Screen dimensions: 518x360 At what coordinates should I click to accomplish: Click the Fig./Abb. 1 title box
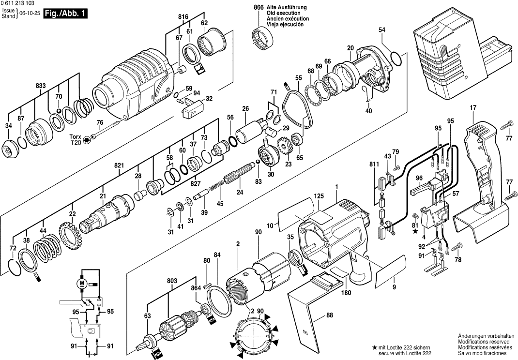(x=65, y=14)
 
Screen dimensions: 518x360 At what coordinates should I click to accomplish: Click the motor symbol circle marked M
(x=82, y=283)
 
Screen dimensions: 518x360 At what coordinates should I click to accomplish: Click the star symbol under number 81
(x=415, y=231)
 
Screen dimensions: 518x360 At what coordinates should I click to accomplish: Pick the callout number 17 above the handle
(x=473, y=107)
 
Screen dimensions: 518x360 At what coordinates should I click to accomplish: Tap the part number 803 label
(x=172, y=281)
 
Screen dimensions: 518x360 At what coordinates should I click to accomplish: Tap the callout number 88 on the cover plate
(x=329, y=315)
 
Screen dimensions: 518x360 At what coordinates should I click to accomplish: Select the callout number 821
(x=119, y=165)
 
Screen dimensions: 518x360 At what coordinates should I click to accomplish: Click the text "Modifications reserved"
(x=484, y=342)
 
